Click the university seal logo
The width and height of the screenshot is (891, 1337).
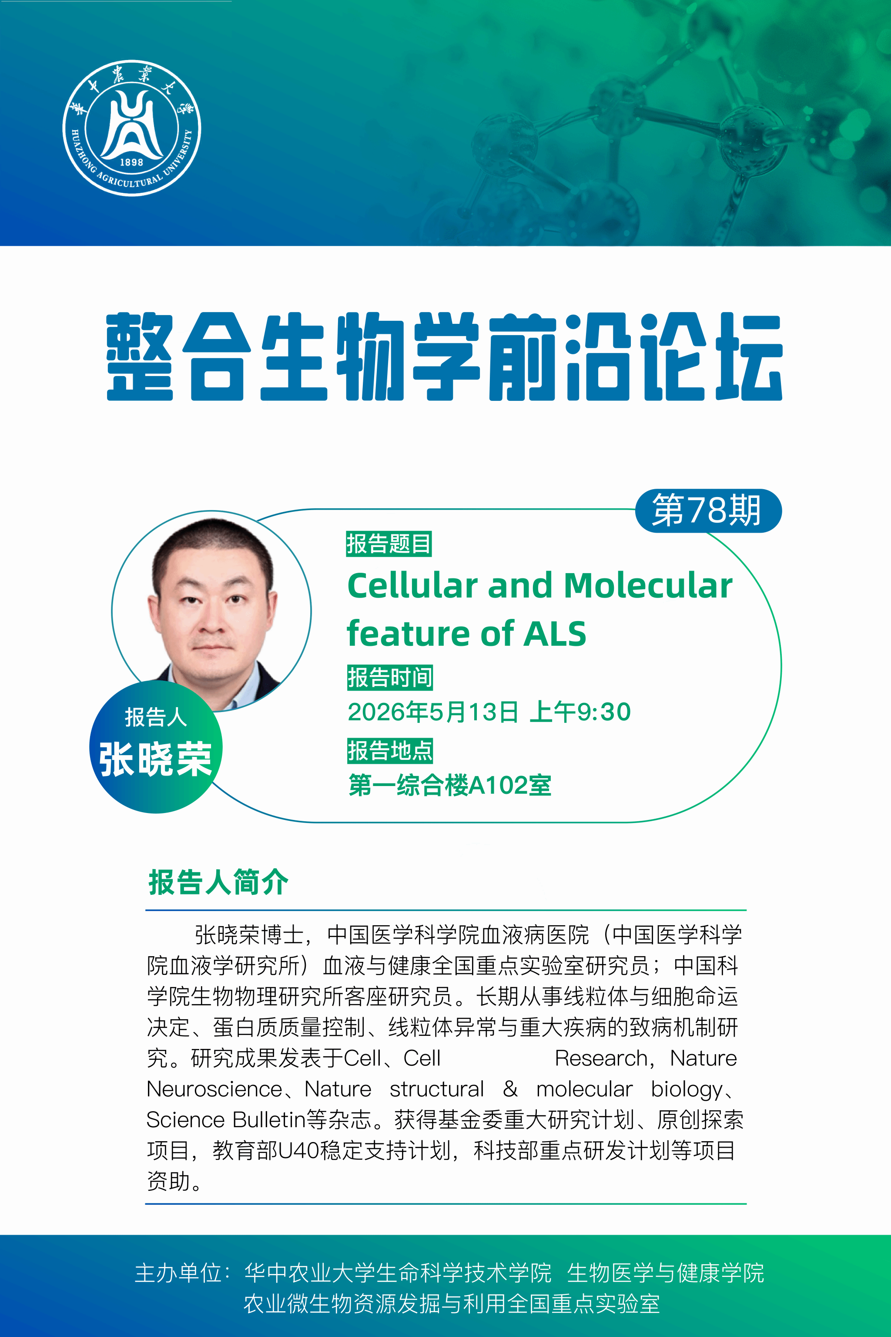point(132,128)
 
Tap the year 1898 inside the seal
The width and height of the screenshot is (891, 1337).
point(131,162)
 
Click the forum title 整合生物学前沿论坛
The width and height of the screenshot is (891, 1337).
point(444,356)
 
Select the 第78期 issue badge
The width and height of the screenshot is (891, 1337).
point(708,510)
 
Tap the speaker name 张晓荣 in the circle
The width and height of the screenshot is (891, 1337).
point(155,759)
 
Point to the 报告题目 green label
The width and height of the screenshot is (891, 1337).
point(389,544)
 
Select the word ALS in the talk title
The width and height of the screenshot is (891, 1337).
point(555,633)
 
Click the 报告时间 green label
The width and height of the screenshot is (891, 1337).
point(390,678)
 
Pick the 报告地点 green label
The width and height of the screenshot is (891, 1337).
point(390,751)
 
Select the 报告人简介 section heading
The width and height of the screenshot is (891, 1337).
point(218,882)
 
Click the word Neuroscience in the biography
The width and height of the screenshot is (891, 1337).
point(214,1089)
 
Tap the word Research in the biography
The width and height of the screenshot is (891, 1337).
point(601,1058)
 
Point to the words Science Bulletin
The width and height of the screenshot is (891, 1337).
point(226,1120)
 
